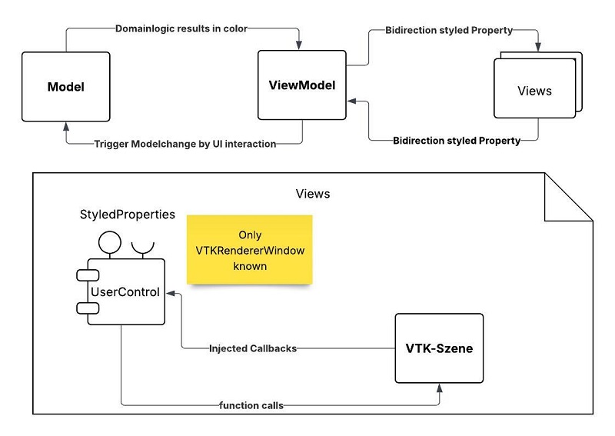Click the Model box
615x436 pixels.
point(66,86)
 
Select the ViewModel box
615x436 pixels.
point(301,85)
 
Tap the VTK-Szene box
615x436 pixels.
point(439,348)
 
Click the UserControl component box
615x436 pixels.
point(125,292)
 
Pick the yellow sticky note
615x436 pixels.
point(250,250)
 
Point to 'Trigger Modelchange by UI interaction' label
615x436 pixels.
point(184,144)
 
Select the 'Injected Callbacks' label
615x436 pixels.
point(253,348)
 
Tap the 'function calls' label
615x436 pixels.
point(253,405)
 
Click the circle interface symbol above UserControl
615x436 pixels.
point(107,241)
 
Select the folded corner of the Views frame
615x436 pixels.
point(568,197)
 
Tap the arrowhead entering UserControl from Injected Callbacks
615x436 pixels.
point(172,293)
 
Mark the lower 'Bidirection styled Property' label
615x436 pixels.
point(457,141)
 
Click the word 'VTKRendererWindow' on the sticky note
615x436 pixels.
point(250,249)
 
